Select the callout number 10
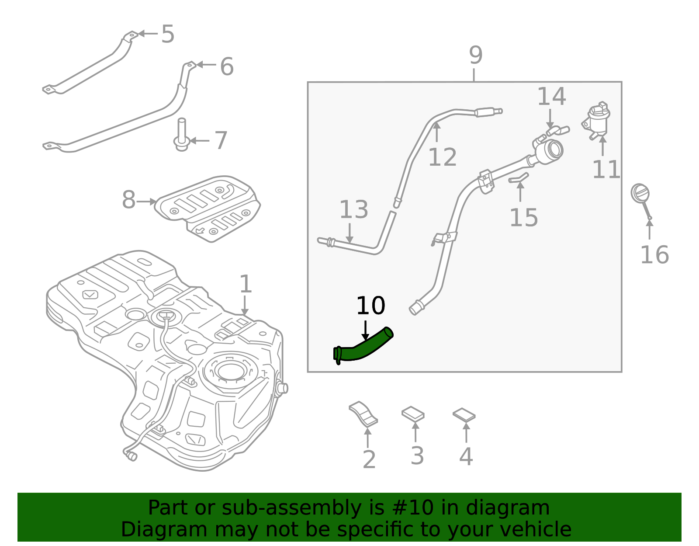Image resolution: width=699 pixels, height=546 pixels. pyautogui.click(x=370, y=306)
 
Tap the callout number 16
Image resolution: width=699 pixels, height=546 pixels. pyautogui.click(x=654, y=255)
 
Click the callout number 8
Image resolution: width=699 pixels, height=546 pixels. pyautogui.click(x=128, y=200)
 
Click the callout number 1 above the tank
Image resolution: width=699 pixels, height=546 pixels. pyautogui.click(x=246, y=284)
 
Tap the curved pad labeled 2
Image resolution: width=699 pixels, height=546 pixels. pyautogui.click(x=363, y=414)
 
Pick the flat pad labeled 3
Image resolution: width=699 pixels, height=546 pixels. pyautogui.click(x=413, y=414)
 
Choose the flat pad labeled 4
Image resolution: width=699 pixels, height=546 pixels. pyautogui.click(x=464, y=415)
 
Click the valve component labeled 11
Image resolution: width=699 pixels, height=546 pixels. pyautogui.click(x=597, y=120)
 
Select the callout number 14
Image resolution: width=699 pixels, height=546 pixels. pyautogui.click(x=551, y=96)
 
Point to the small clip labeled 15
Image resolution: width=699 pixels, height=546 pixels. pyautogui.click(x=519, y=178)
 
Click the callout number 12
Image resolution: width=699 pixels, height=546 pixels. pyautogui.click(x=442, y=157)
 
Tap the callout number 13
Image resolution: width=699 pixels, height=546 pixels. pyautogui.click(x=353, y=210)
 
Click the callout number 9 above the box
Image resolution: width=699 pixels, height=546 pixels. pyautogui.click(x=475, y=56)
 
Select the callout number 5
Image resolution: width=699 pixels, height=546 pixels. pyautogui.click(x=168, y=34)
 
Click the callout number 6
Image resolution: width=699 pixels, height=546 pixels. pyautogui.click(x=226, y=66)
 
